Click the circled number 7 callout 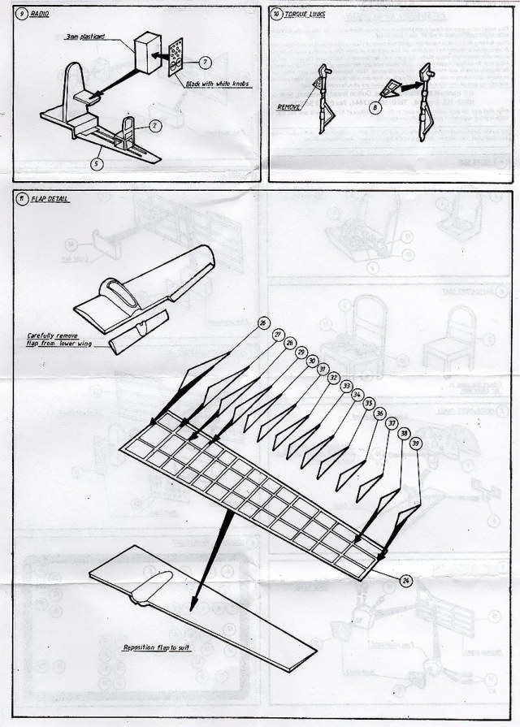click(204, 62)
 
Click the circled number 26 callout click(262, 323)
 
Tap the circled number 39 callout click(417, 444)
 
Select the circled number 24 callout click(406, 579)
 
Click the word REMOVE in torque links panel click(289, 106)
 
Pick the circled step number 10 click(276, 15)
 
